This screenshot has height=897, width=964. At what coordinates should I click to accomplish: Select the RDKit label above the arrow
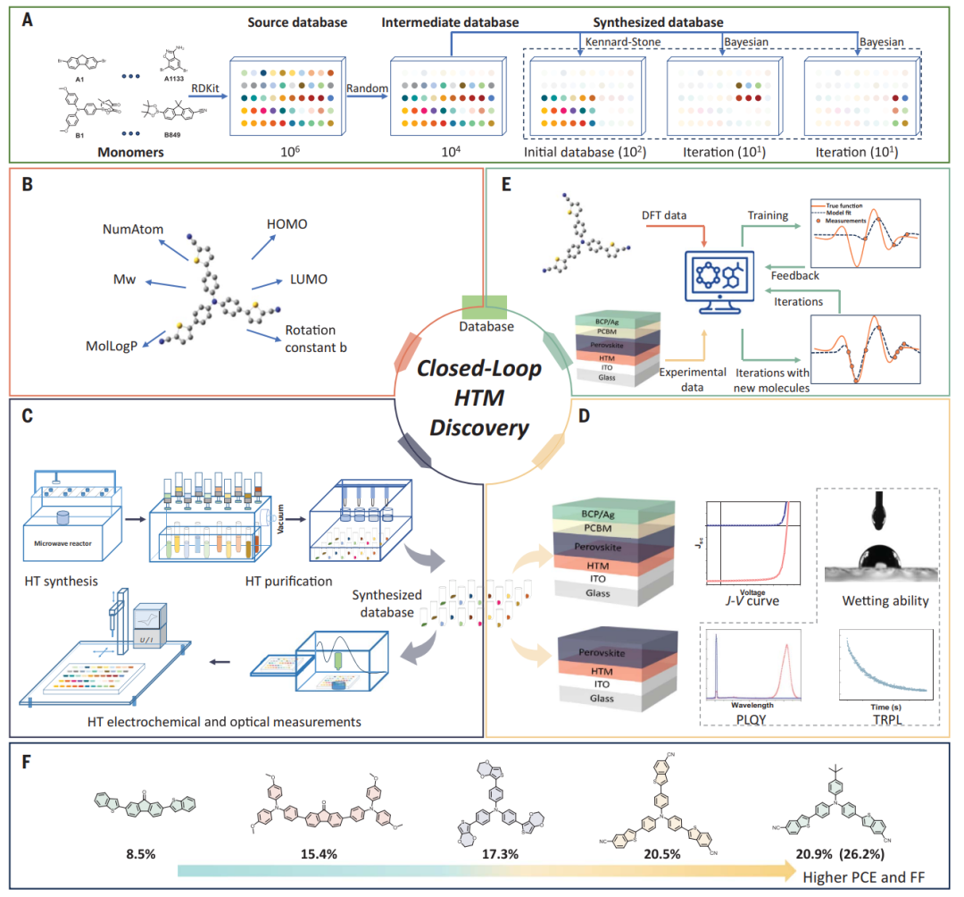(x=205, y=61)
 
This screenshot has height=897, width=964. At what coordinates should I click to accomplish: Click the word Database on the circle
(x=486, y=327)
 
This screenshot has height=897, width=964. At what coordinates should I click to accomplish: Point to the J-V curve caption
(x=753, y=600)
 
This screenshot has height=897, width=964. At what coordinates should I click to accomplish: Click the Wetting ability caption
(x=885, y=600)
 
